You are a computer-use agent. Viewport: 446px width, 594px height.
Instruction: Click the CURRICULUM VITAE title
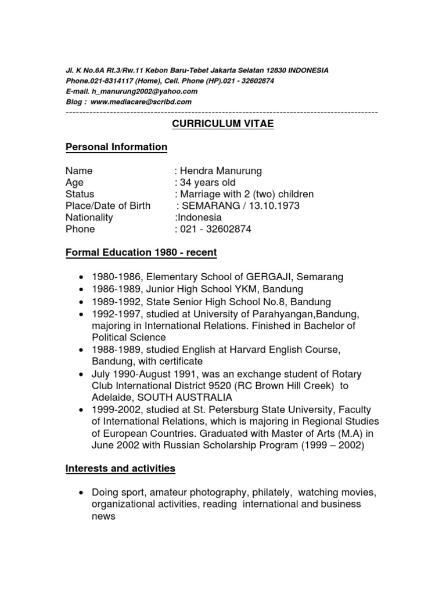(x=222, y=124)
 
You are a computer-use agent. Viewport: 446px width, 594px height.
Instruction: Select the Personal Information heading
(x=116, y=147)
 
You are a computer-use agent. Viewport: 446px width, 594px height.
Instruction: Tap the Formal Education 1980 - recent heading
(x=141, y=253)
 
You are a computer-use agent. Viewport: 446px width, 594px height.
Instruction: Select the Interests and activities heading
(x=120, y=468)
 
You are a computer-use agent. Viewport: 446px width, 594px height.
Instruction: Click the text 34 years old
(x=208, y=183)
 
